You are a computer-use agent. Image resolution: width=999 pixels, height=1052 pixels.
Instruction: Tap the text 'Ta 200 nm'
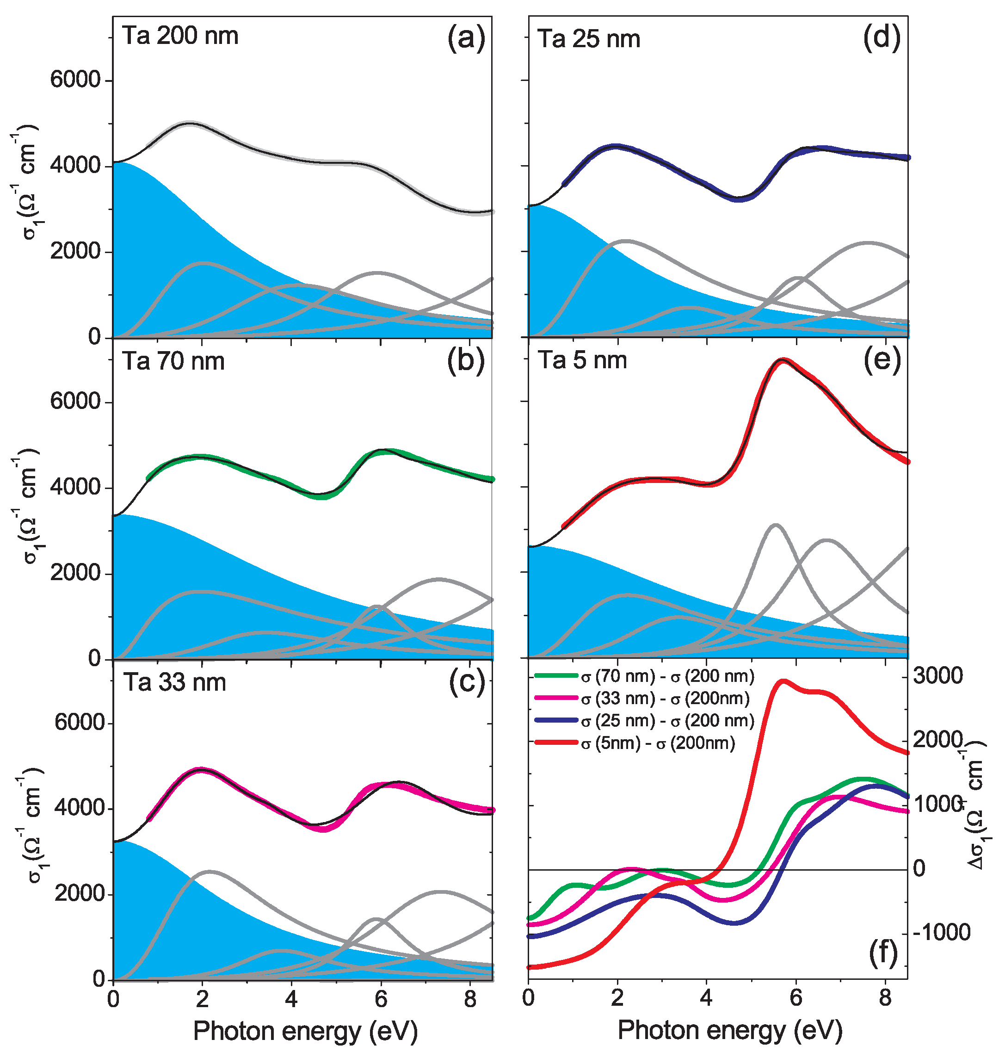click(180, 36)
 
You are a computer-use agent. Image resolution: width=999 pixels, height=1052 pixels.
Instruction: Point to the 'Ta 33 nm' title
click(175, 682)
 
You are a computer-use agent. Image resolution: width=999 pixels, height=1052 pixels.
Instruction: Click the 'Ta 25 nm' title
click(588, 39)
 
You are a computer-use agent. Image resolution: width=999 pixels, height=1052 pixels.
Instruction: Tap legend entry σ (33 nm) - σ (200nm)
click(665, 698)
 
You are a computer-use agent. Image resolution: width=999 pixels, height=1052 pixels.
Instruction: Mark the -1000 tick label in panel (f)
click(941, 933)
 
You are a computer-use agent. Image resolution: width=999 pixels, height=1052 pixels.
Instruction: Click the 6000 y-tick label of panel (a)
click(75, 80)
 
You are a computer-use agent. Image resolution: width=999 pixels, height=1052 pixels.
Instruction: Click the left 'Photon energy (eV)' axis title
click(305, 1031)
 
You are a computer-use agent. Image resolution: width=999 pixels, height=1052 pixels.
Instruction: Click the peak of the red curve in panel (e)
click(782, 360)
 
